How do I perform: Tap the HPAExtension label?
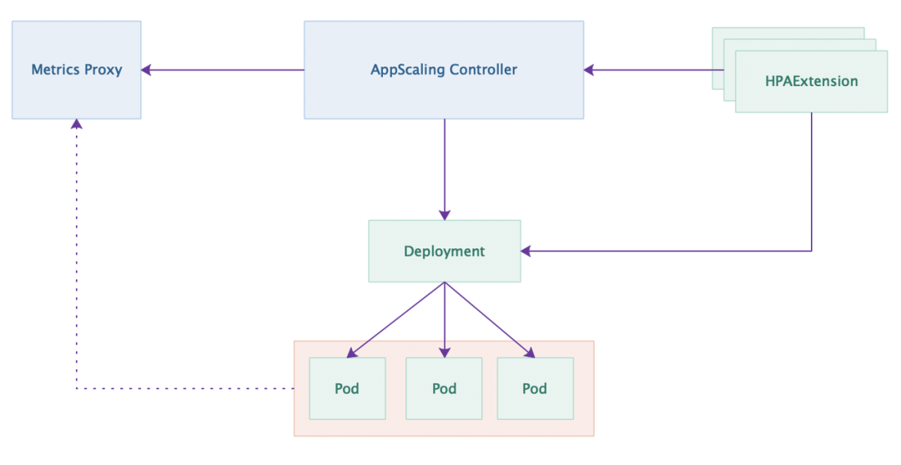pos(811,82)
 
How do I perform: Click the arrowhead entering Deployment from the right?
pos(526,250)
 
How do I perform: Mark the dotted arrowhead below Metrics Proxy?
pos(77,124)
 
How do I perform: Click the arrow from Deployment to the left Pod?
pos(397,318)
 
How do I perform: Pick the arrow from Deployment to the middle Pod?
pos(444,320)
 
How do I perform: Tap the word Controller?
pos(483,70)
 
